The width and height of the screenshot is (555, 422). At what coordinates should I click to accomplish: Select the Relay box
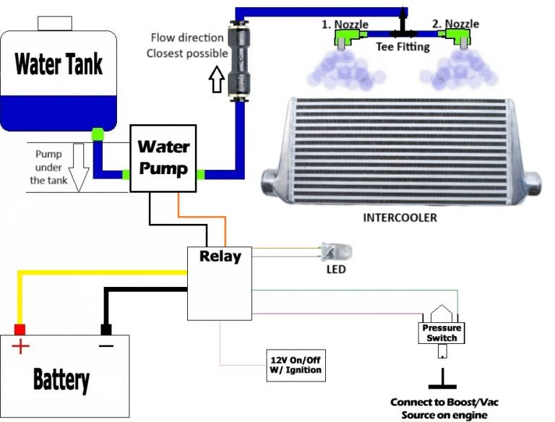pos(220,283)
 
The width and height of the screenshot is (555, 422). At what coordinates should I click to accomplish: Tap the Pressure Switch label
pos(442,332)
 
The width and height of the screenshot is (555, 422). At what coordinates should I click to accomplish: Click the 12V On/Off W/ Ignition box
pos(295,366)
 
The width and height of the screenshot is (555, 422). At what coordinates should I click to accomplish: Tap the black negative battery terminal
pos(106,330)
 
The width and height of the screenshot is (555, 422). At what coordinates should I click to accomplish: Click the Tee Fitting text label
pos(403,47)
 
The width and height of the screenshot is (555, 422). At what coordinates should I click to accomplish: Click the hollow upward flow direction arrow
pos(215,80)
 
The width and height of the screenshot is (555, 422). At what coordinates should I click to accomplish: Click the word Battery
pos(61,379)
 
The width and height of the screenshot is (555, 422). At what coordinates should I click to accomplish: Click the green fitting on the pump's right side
pos(200,174)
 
